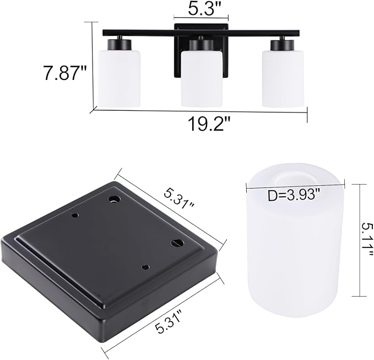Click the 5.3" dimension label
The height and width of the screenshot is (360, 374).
pos(200,8)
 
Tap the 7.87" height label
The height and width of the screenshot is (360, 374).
pos(64,73)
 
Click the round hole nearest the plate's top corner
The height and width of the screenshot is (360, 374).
pos(114,199)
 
